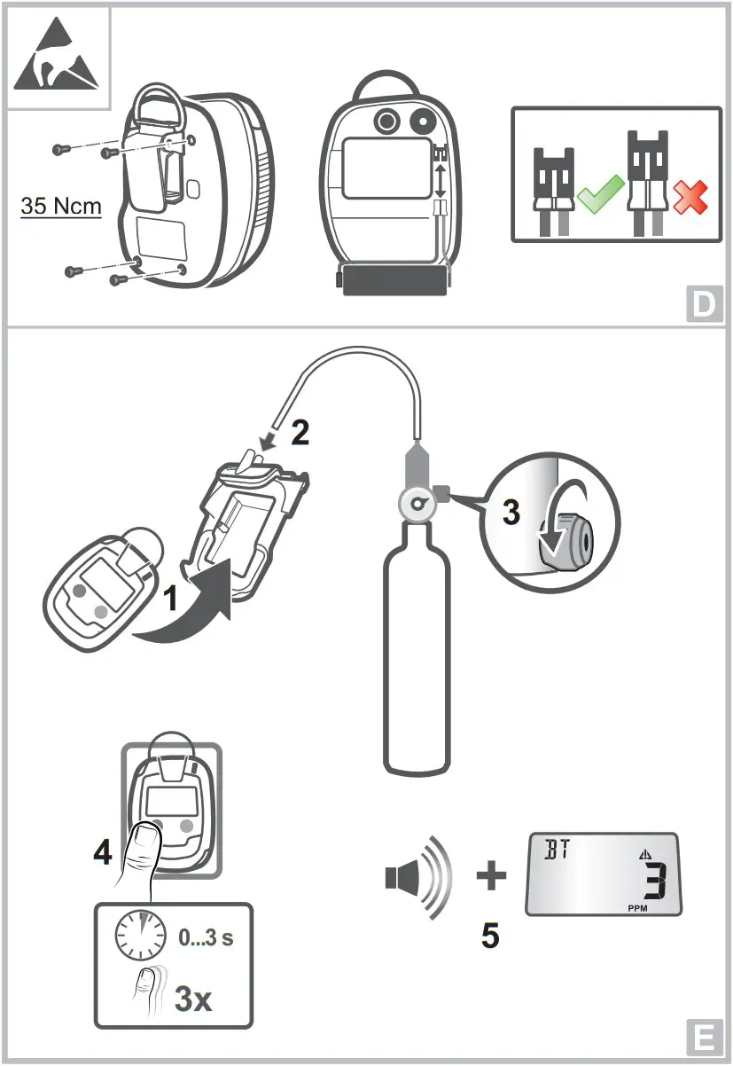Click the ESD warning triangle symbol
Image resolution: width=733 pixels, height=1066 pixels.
(x=58, y=58)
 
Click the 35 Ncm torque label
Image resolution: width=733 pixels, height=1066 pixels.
(x=61, y=207)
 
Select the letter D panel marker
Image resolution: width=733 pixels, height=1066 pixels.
(x=704, y=304)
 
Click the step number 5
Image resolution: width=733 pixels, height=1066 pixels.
(x=490, y=936)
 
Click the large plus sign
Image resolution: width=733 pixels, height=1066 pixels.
(x=491, y=877)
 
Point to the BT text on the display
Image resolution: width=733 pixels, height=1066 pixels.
(x=556, y=849)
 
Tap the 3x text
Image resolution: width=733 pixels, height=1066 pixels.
(x=193, y=999)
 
